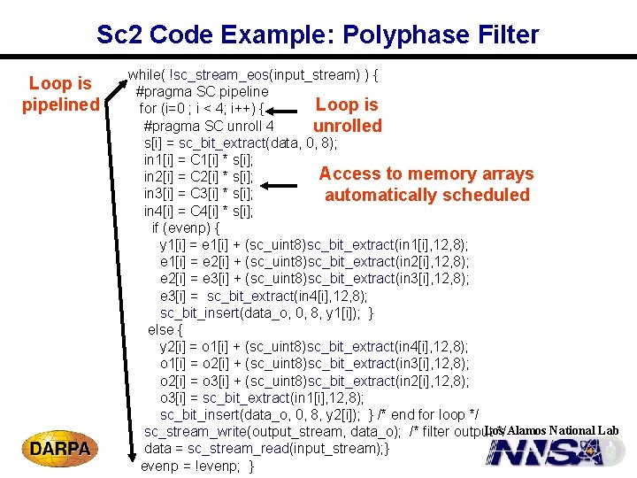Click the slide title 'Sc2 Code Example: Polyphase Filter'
click(x=318, y=35)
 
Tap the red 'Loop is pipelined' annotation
click(x=60, y=95)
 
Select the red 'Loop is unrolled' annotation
click(x=347, y=115)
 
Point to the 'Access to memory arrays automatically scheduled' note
click(x=426, y=184)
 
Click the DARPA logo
click(x=60, y=449)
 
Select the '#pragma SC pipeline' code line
click(x=202, y=91)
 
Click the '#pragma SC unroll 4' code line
click(x=208, y=126)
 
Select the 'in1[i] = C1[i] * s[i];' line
click(x=198, y=159)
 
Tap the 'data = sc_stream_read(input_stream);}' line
click(x=265, y=448)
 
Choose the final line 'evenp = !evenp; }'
click(x=197, y=466)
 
